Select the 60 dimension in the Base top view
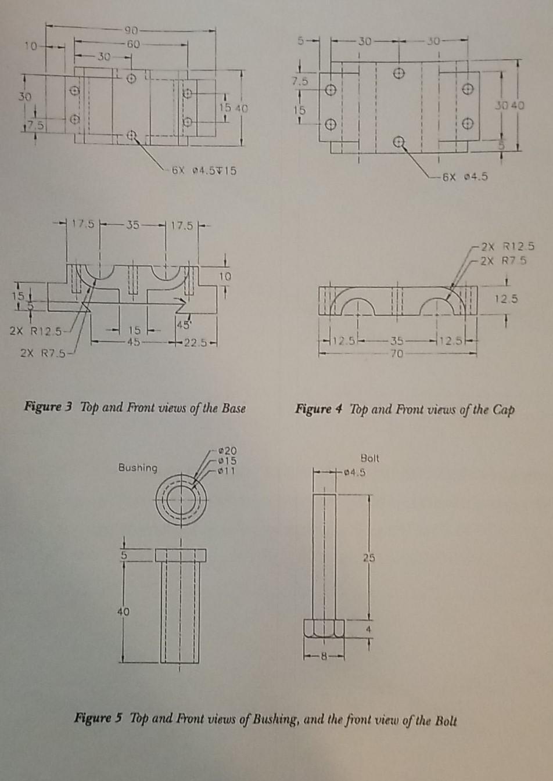tap(133, 44)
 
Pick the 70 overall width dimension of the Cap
tap(396, 354)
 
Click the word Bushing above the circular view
tap(138, 467)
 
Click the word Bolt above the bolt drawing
tap(369, 458)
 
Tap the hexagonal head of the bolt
tap(324, 629)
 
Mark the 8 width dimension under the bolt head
tap(325, 657)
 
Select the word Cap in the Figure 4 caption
tap(503, 410)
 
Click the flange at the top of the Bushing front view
tap(181, 555)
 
